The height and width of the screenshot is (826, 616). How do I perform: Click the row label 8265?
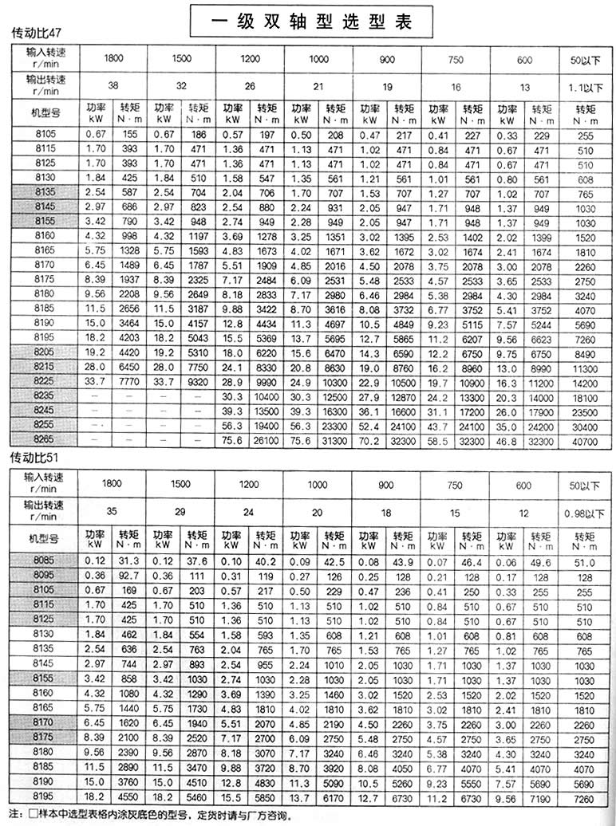tap(44, 439)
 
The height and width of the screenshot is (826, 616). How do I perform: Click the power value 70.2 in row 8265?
tap(368, 439)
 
